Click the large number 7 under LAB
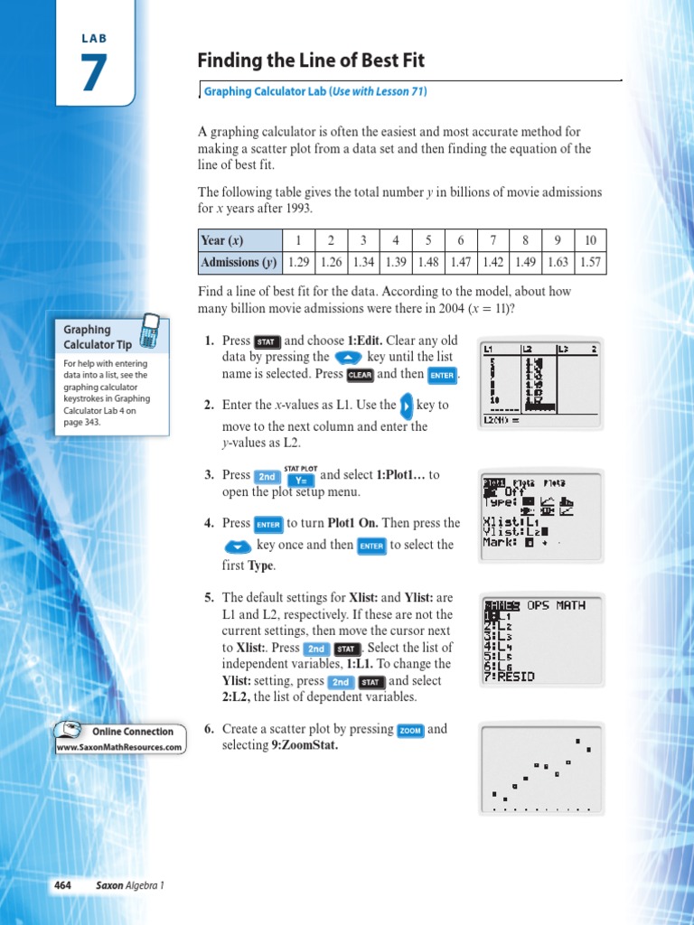(94, 74)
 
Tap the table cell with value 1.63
(558, 263)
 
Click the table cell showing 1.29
(297, 263)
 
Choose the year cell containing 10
(590, 240)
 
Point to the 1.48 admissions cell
(429, 263)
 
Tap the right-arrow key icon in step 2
(407, 406)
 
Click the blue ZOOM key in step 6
(410, 730)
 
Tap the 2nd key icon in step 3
(267, 476)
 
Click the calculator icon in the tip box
(149, 332)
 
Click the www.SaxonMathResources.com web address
(120, 747)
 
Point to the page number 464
(62, 885)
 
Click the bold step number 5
(208, 597)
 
